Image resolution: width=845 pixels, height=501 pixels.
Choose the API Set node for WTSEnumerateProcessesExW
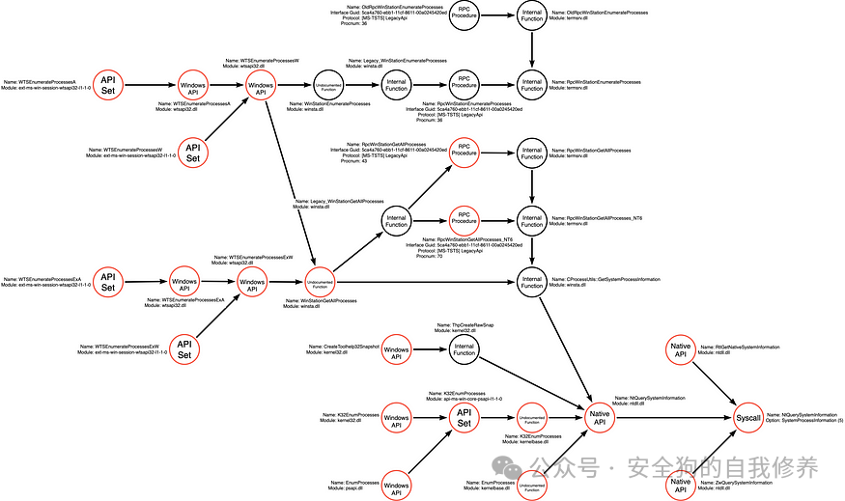183,348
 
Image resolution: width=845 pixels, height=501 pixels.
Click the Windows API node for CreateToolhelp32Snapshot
396,348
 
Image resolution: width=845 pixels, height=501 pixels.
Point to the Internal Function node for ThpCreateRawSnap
465,348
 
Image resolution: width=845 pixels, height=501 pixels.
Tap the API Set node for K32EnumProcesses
465,417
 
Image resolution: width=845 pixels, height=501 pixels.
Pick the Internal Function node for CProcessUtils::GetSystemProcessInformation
532,282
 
